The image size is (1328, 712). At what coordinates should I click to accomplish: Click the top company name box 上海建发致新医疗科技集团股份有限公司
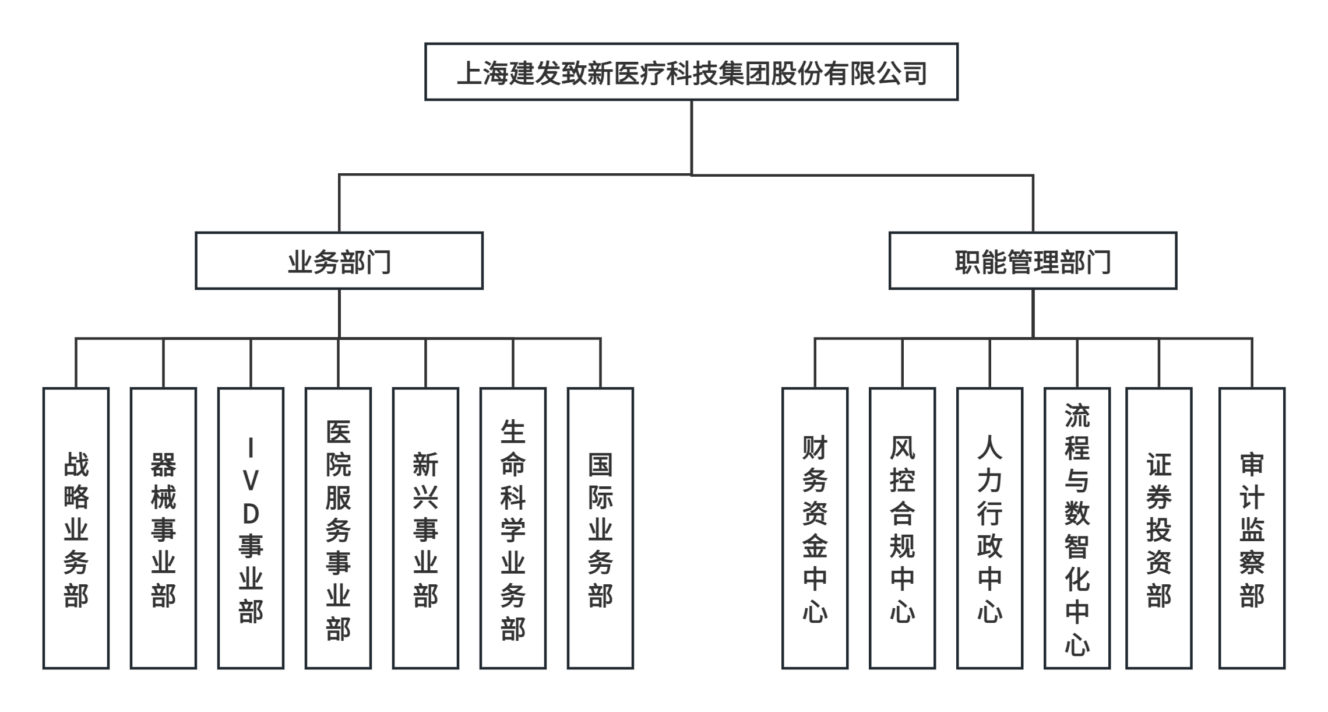click(691, 72)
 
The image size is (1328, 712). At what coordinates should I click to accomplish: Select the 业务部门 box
click(339, 261)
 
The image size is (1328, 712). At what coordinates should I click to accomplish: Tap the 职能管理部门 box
click(1033, 261)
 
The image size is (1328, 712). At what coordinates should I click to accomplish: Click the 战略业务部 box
click(76, 528)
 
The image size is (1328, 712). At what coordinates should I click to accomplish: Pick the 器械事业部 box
click(163, 528)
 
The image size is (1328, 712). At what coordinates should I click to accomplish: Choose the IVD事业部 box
click(251, 528)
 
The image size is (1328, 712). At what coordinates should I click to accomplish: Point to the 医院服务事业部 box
click(338, 528)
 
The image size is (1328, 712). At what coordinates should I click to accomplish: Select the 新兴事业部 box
click(425, 528)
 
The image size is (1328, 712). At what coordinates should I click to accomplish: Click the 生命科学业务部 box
click(513, 528)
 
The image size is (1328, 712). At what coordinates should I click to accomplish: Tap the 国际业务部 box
click(600, 528)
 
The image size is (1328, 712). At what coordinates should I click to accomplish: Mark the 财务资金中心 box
click(815, 528)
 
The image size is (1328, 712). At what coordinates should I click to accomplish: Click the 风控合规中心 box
click(902, 528)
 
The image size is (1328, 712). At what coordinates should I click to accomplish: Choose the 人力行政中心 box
click(989, 528)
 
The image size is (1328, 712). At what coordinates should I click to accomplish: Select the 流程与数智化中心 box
click(1077, 528)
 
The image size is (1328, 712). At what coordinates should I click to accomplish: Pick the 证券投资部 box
click(1158, 528)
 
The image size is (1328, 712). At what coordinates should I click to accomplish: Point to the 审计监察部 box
click(1252, 528)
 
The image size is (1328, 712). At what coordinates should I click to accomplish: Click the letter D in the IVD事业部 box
click(251, 514)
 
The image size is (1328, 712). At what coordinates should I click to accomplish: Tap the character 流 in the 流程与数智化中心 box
click(1077, 415)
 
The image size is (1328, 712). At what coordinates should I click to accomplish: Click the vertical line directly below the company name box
click(692, 137)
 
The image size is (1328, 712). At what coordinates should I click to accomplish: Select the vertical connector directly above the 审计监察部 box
click(1252, 363)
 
